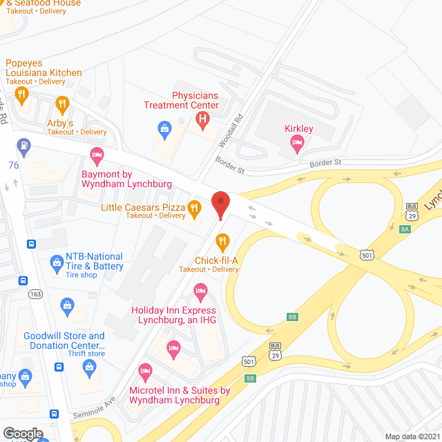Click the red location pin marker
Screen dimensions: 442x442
click(x=220, y=204)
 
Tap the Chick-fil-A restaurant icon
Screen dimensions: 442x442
click(x=222, y=242)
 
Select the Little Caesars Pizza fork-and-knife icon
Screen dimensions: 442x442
click(x=195, y=207)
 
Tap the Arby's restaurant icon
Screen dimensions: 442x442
click(x=62, y=105)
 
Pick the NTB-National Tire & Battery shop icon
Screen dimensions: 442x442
click(x=57, y=262)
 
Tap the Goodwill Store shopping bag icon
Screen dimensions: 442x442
click(x=67, y=304)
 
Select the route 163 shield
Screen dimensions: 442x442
click(x=35, y=294)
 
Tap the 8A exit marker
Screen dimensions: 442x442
click(x=405, y=229)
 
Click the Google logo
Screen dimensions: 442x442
click(x=22, y=434)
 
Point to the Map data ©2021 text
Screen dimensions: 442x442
click(x=412, y=436)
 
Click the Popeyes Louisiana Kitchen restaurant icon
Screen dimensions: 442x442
click(x=23, y=95)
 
